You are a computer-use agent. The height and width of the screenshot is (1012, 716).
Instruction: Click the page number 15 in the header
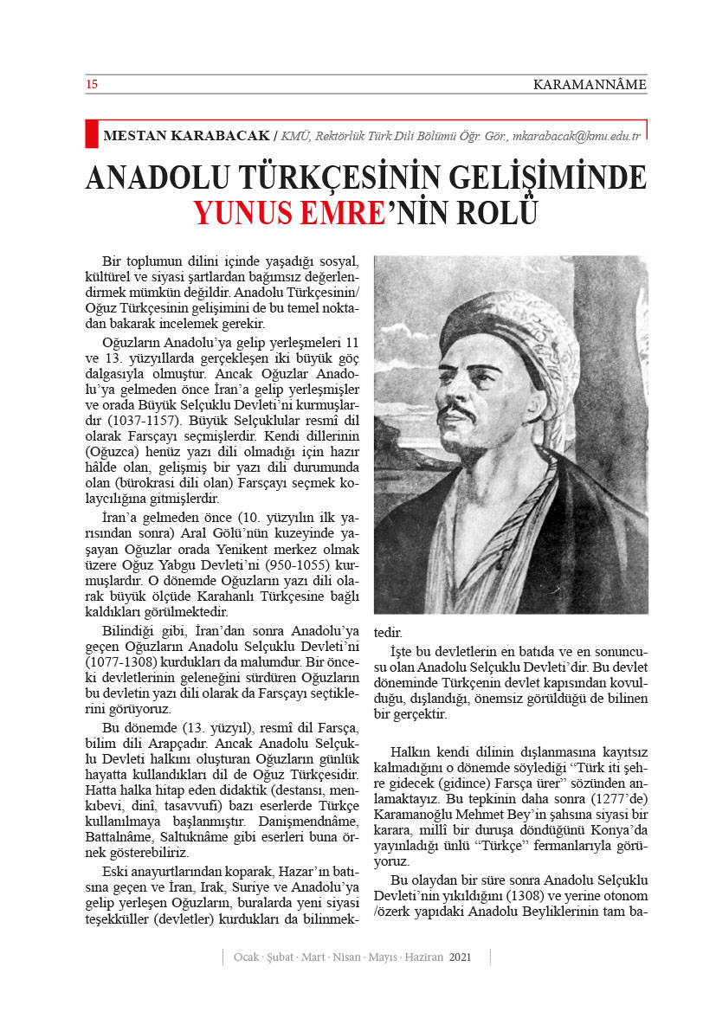pos(91,84)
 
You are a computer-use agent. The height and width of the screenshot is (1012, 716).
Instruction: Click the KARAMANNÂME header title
pos(590,84)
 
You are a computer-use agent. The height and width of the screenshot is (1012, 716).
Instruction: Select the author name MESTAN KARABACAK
pos(186,136)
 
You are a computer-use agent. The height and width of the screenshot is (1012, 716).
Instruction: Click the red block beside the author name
pos(91,133)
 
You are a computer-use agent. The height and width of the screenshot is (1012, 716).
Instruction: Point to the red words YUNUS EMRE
pos(289,211)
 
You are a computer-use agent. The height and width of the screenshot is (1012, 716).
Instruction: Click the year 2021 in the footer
pos(460,957)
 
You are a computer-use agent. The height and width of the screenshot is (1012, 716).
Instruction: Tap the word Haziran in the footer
pos(423,957)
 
